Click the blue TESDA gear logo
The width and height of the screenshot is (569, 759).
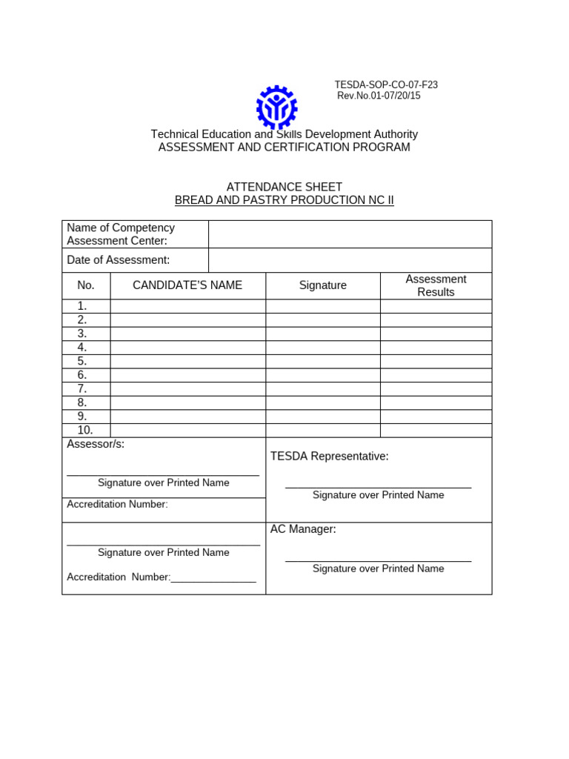(276, 107)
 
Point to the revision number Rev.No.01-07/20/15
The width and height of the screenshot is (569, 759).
(379, 96)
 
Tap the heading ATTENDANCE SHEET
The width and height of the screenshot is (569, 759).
(284, 187)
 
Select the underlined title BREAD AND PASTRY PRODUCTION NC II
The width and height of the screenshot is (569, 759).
(284, 200)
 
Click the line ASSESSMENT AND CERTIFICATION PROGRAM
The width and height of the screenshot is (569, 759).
(284, 147)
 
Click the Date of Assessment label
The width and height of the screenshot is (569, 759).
(119, 259)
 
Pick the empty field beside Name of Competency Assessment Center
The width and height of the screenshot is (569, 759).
(350, 233)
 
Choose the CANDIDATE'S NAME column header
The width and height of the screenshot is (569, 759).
(187, 285)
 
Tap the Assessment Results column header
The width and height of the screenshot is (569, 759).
(436, 285)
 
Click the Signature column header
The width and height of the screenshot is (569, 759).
(323, 285)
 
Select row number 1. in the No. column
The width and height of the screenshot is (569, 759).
(82, 306)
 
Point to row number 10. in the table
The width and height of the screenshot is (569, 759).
(84, 430)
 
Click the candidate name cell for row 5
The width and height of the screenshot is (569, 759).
(187, 361)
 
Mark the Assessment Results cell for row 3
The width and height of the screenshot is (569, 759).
(436, 334)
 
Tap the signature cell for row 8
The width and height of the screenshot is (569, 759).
(323, 402)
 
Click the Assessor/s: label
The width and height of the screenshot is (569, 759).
(96, 444)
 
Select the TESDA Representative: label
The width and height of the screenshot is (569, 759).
(329, 456)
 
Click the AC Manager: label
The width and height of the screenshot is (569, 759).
(303, 528)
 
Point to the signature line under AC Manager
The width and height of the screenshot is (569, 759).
(378, 561)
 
